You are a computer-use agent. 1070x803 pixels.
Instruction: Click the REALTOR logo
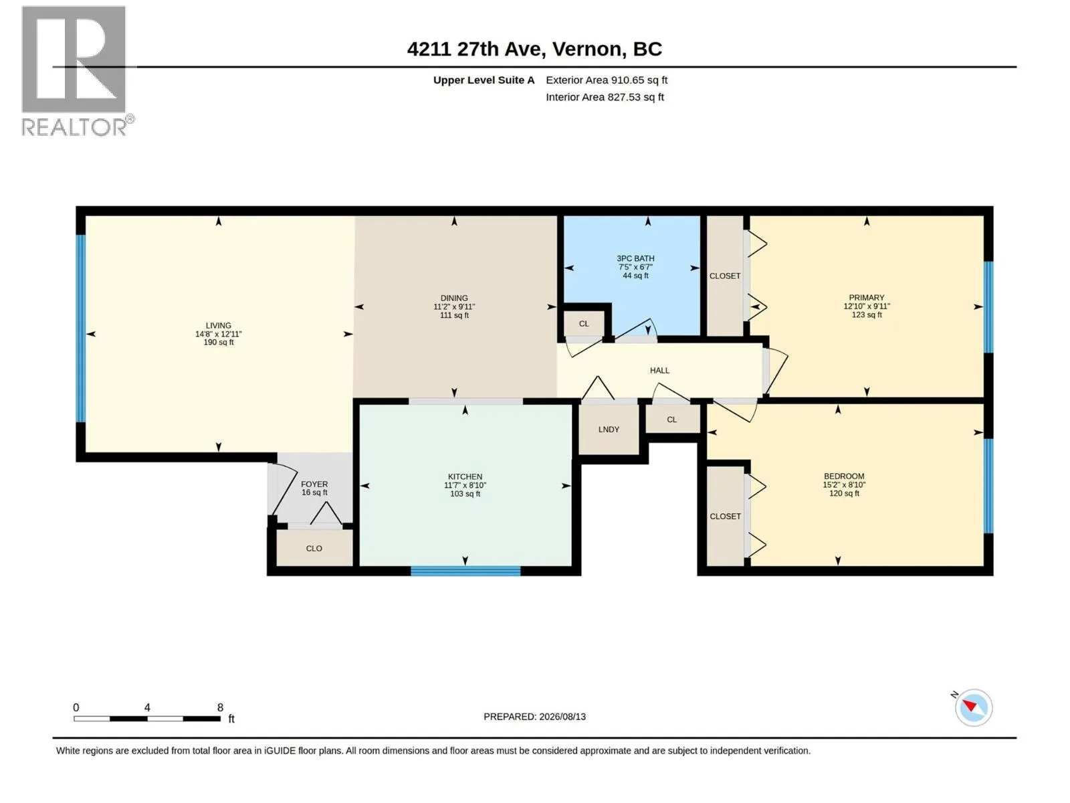pos(77,71)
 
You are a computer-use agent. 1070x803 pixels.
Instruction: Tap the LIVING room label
pos(219,326)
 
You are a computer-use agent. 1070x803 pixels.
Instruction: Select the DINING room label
pos(454,298)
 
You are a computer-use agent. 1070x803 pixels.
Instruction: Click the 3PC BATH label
pos(635,259)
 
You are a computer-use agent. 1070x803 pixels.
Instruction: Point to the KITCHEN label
pos(465,477)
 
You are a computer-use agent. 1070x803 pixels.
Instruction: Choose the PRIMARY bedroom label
pos(866,298)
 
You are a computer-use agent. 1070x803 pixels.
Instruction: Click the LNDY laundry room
pos(609,430)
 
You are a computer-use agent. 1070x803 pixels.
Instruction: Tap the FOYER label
pos(314,484)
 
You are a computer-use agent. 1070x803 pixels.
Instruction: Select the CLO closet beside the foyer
pos(314,548)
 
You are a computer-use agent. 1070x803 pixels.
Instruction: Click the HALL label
pos(659,371)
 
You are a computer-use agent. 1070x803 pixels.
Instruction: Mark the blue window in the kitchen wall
pos(465,571)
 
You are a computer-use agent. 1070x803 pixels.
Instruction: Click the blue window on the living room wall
pos(81,329)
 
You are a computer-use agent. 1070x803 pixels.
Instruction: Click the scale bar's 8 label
pos(220,707)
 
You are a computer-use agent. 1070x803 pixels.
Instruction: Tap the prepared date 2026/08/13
pos(562,717)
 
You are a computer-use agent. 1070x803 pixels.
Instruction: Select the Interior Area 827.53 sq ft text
pos(605,97)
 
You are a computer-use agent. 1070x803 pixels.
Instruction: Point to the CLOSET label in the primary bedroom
pos(725,276)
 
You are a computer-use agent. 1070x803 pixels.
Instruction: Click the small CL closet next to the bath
pos(584,324)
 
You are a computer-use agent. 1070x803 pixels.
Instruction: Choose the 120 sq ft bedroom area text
pos(845,493)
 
